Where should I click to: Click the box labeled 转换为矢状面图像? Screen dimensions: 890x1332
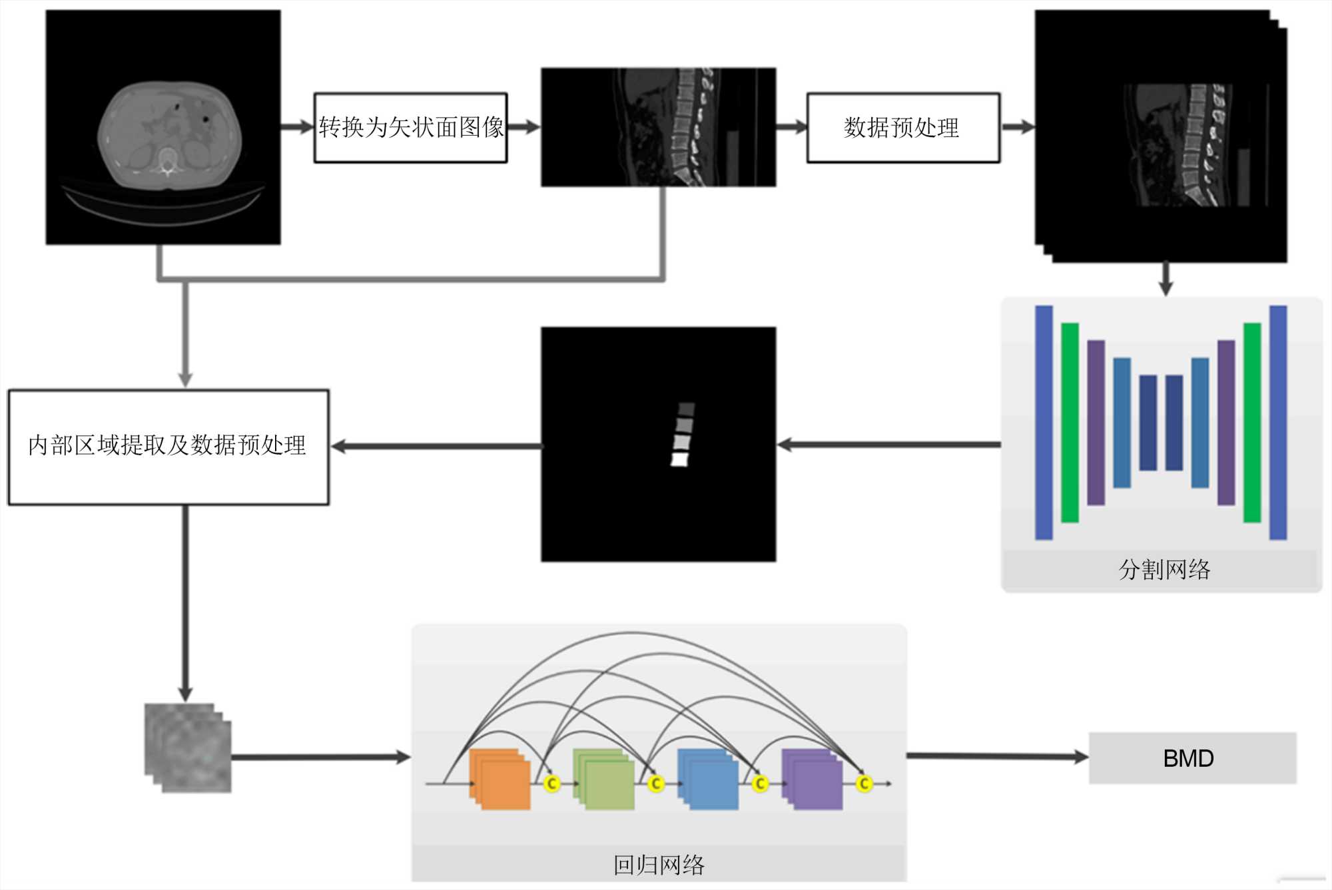coord(410,127)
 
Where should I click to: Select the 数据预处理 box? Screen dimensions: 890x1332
coord(903,127)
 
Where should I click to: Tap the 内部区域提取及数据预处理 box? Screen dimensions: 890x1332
coord(168,446)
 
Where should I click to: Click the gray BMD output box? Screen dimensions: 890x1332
coord(1192,758)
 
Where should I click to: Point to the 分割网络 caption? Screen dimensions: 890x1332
coord(1164,570)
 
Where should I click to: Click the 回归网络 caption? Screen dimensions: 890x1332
coord(659,865)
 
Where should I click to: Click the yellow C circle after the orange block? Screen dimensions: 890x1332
coord(551,784)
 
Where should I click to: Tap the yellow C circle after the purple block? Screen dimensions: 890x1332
coord(864,784)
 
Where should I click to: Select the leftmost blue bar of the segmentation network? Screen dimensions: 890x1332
coord(1044,423)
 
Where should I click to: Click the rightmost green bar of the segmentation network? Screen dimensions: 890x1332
coord(1252,423)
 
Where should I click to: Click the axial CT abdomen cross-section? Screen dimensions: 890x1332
coord(169,136)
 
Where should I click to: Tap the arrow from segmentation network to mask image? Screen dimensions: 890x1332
coord(888,445)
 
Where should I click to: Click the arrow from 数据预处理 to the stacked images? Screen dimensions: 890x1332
coord(1018,127)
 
